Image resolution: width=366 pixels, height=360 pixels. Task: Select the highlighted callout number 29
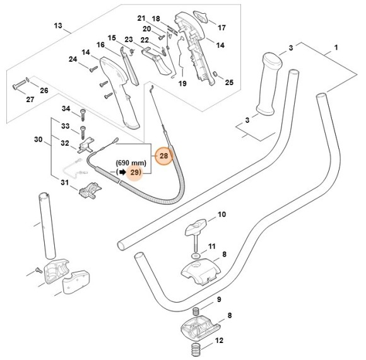click(135, 171)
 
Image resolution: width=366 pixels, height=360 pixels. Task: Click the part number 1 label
click(336, 48)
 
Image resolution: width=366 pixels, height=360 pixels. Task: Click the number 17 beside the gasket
click(221, 28)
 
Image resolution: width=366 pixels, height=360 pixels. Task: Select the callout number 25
click(228, 82)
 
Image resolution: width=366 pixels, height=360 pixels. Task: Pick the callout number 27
click(30, 99)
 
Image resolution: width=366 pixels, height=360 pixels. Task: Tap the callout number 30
click(37, 139)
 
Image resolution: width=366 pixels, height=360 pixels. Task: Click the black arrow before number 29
click(122, 171)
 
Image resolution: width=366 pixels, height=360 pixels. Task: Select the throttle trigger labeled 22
click(158, 60)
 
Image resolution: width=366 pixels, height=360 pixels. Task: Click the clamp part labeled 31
click(89, 190)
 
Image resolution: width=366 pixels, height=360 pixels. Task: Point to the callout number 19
click(183, 83)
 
